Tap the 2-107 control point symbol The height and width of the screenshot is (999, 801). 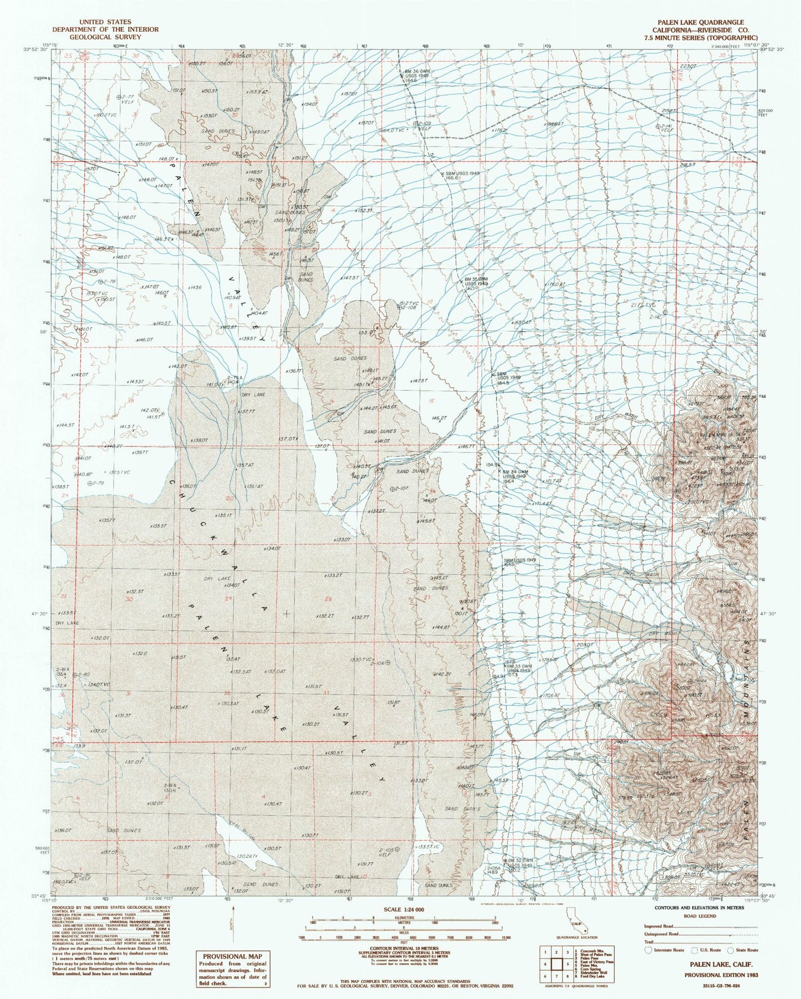pyautogui.click(x=392, y=488)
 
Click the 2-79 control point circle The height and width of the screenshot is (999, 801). pyautogui.click(x=90, y=483)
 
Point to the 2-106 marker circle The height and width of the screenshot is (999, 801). pyautogui.click(x=388, y=662)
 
